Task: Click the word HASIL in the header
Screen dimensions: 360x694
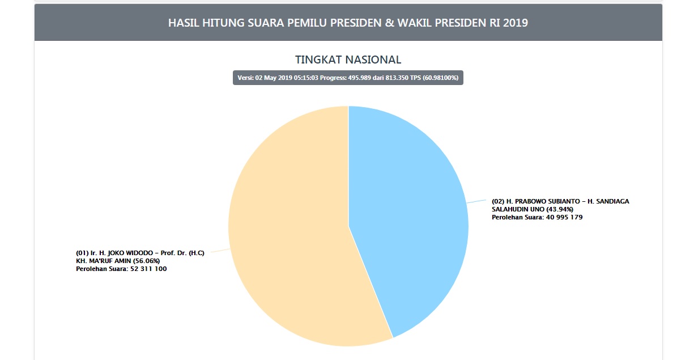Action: tap(182, 23)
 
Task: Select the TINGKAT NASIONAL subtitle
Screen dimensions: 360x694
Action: tap(348, 60)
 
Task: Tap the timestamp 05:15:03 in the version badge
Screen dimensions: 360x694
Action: tap(305, 78)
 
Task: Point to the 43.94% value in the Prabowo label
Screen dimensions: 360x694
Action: tap(561, 209)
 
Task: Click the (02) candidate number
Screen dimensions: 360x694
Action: tap(498, 201)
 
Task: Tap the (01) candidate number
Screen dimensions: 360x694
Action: tap(82, 253)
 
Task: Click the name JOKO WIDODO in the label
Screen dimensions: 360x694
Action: tap(125, 253)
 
